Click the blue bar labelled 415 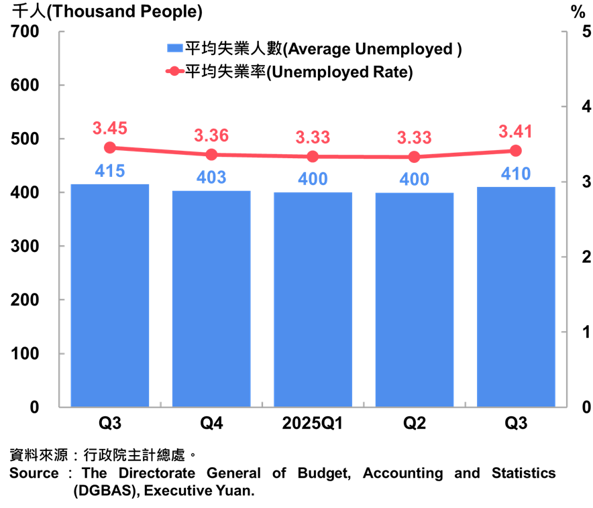point(110,295)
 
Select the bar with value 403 point(211,298)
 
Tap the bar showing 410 point(516,296)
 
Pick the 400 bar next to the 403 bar point(313,299)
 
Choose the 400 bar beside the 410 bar point(415,300)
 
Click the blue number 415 point(110,171)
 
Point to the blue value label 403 point(211,178)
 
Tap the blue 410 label point(516,174)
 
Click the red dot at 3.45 point(110,147)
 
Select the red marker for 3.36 point(211,154)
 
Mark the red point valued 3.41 point(516,150)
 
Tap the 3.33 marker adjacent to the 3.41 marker point(415,157)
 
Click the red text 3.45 point(110,128)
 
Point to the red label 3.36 point(211,135)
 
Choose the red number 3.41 point(516,131)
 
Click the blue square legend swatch point(174,48)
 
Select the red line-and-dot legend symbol point(174,71)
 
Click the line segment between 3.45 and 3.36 point(161,151)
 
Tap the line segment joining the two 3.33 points point(364,157)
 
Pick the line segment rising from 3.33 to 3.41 point(466,153)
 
